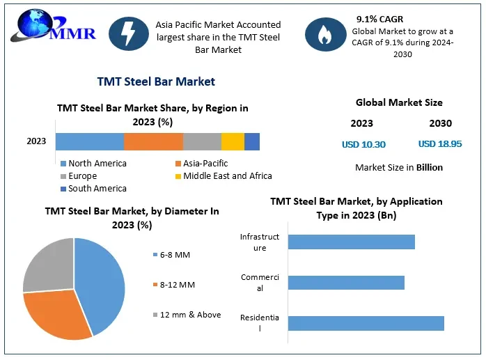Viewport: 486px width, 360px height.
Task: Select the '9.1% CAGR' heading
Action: pyautogui.click(x=379, y=19)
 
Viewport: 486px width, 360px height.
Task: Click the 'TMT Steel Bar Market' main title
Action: pyautogui.click(x=156, y=81)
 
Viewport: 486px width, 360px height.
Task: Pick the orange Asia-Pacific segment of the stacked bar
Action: pyautogui.click(x=153, y=141)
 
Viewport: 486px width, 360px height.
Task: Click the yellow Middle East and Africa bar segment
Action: pyautogui.click(x=233, y=141)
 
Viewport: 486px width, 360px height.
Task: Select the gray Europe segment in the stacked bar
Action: pyautogui.click(x=202, y=141)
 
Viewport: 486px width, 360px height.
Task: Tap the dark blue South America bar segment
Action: pyautogui.click(x=252, y=141)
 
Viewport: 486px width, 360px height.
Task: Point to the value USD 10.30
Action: pyautogui.click(x=363, y=145)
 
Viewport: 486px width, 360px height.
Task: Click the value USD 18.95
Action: pyautogui.click(x=440, y=144)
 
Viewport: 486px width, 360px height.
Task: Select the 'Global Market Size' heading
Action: pyautogui.click(x=399, y=102)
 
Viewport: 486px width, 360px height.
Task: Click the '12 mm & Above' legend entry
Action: pyautogui.click(x=189, y=315)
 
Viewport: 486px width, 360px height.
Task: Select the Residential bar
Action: pyautogui.click(x=366, y=323)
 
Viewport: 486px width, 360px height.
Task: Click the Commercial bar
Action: pyautogui.click(x=346, y=283)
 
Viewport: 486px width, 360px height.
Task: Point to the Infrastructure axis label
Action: pyautogui.click(x=260, y=242)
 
